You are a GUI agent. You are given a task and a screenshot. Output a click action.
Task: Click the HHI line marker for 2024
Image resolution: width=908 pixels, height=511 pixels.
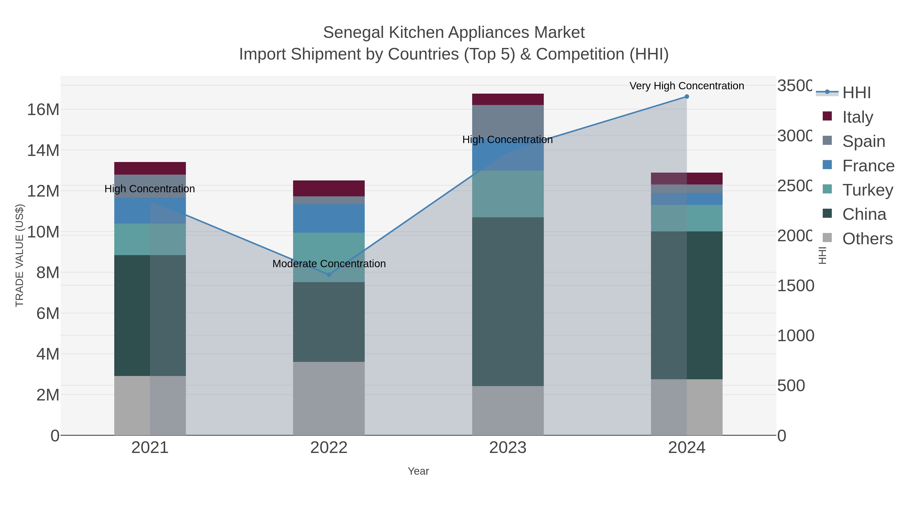pos(686,97)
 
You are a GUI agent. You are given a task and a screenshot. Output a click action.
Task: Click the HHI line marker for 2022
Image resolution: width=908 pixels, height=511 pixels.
pos(329,274)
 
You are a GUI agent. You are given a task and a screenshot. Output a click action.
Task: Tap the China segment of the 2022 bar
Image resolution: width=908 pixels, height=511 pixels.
pos(329,322)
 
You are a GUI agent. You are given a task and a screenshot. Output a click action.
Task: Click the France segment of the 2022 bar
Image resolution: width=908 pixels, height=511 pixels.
pos(329,218)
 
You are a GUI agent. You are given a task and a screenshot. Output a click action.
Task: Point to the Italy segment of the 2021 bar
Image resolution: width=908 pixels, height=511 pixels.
pos(150,168)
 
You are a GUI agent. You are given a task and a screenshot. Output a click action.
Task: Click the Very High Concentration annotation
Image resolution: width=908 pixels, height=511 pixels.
pos(686,86)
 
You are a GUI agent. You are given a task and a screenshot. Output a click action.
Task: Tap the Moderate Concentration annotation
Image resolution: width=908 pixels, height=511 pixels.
pos(329,264)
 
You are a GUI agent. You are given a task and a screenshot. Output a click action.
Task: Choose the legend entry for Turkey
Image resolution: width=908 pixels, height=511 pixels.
pos(867,190)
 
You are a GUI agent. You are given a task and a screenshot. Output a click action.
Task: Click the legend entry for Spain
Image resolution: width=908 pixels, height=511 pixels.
pos(864,141)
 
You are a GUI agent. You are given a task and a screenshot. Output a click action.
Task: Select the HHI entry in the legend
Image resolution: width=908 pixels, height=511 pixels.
pos(856,93)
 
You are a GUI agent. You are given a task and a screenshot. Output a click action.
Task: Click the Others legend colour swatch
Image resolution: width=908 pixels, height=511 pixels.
pos(827,238)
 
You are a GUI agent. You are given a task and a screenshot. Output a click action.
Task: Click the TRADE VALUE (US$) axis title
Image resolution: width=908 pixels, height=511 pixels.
pos(19,255)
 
